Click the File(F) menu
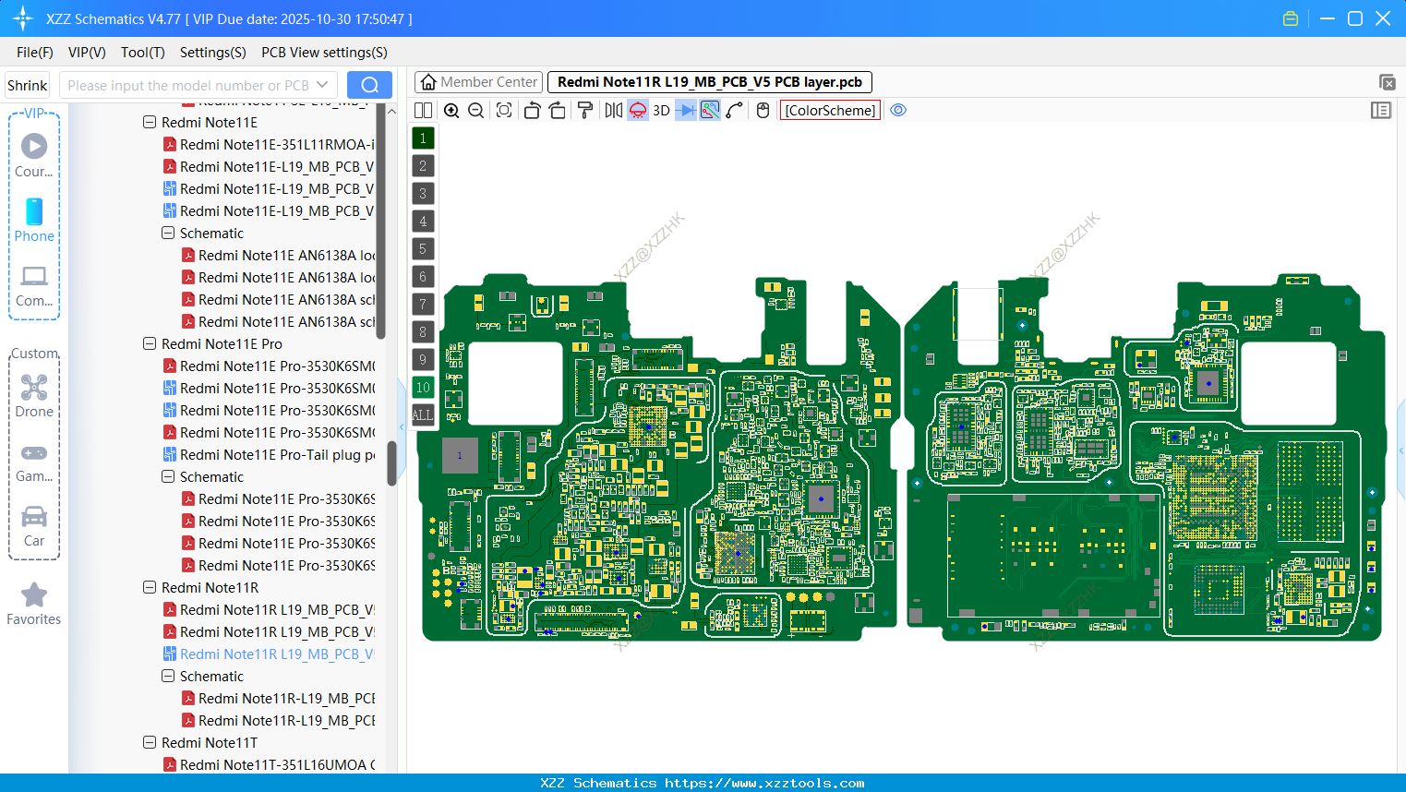tap(34, 53)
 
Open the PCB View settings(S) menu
tap(324, 53)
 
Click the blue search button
tap(369, 85)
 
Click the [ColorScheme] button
tap(830, 111)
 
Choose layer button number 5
tap(423, 249)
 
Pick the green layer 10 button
tap(423, 388)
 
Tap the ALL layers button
tap(423, 415)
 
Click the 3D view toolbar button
tap(661, 111)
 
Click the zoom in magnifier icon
tap(451, 111)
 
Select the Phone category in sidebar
tap(34, 220)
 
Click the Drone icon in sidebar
tap(34, 395)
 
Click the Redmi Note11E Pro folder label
tap(222, 344)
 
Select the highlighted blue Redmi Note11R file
tap(276, 654)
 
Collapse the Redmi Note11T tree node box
tap(150, 742)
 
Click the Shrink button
tap(27, 85)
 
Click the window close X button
tap(1383, 18)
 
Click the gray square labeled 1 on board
tap(460, 455)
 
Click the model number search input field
tap(188, 85)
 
